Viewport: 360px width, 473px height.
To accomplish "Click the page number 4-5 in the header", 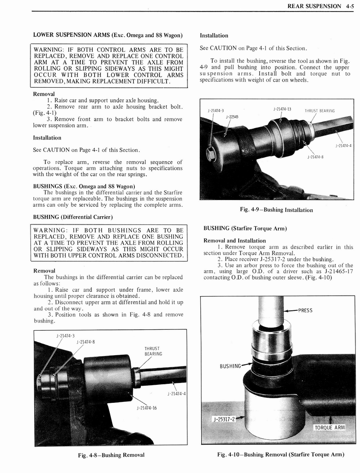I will pyautogui.click(x=346, y=6).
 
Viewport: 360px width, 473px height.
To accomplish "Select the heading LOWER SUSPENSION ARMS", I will pyautogui.click(x=107, y=35).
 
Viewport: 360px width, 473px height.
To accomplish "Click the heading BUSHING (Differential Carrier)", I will pyautogui.click(x=72, y=217).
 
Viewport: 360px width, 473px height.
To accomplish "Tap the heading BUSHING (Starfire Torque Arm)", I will pyautogui.click(x=245, y=229).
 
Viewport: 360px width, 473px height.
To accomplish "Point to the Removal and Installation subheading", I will pyautogui.click(x=234, y=240).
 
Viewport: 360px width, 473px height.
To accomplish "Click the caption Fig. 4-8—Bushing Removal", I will pyautogui.click(x=111, y=455).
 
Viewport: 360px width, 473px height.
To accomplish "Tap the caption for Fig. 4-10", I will pyautogui.click(x=281, y=454).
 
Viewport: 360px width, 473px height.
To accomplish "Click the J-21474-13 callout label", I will pyautogui.click(x=282, y=109).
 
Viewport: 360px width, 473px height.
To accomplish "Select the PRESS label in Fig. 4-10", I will pyautogui.click(x=306, y=310).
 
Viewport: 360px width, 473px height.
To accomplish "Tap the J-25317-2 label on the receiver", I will pyautogui.click(x=224, y=419).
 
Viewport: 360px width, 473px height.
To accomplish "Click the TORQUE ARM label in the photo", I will pyautogui.click(x=330, y=427).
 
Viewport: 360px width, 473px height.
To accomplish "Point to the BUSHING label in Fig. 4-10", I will pyautogui.click(x=230, y=366).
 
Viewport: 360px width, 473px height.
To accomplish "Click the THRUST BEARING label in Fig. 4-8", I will pyautogui.click(x=152, y=351).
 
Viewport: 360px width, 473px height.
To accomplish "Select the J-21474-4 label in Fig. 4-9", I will pyautogui.click(x=343, y=146).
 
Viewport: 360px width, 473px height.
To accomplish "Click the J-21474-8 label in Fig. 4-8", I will pyautogui.click(x=85, y=342).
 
